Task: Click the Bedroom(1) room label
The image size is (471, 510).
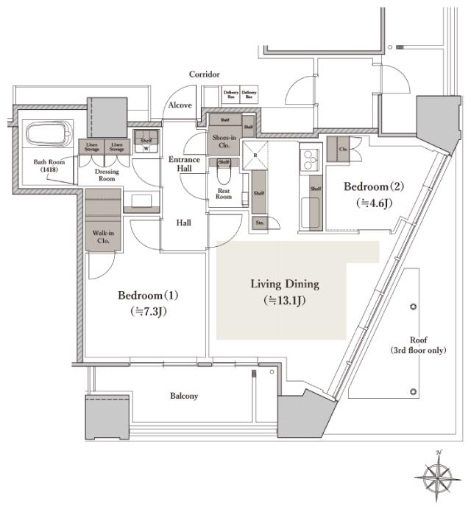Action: (x=148, y=296)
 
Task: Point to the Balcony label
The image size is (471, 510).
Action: (x=184, y=396)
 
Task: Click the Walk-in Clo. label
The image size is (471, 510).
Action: (x=103, y=237)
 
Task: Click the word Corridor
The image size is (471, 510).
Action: (x=204, y=74)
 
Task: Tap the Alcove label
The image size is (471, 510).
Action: (x=180, y=105)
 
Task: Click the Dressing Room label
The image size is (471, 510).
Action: (x=107, y=175)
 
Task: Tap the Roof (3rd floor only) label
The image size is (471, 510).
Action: (x=418, y=346)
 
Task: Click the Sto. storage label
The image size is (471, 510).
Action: (x=260, y=222)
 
